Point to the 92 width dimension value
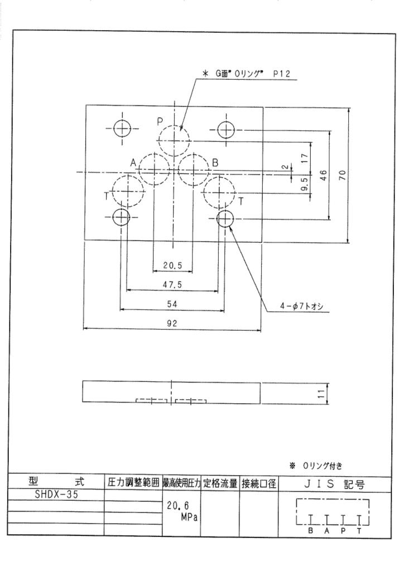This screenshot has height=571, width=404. [172, 323]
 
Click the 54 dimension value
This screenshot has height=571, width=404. [172, 304]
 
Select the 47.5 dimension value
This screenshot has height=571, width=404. [172, 284]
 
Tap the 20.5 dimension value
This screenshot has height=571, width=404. [172, 265]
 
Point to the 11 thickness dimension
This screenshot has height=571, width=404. [321, 394]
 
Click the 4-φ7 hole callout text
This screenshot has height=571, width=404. [301, 306]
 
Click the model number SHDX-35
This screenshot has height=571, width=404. [56, 495]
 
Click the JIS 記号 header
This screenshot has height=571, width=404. [334, 484]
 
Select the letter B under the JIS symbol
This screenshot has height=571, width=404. [310, 531]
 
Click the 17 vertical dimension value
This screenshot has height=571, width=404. [305, 158]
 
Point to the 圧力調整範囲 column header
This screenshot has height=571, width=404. [133, 483]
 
